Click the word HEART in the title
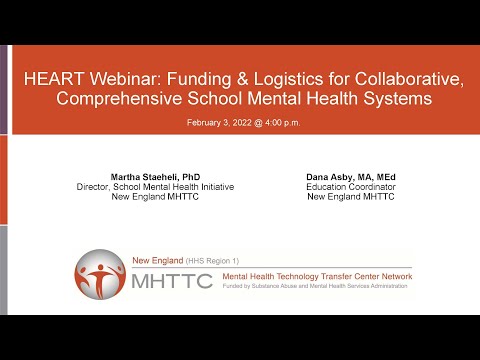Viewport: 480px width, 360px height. pyautogui.click(x=53, y=79)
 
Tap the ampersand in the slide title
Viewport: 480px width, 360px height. pyautogui.click(x=242, y=79)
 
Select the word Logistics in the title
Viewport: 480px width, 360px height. pyautogui.click(x=288, y=80)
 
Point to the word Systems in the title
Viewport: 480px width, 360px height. pyautogui.click(x=397, y=99)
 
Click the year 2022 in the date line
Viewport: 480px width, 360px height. pyautogui.click(x=242, y=123)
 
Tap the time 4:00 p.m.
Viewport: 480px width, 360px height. pyautogui.click(x=283, y=123)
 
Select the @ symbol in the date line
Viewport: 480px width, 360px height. pyautogui.click(x=258, y=123)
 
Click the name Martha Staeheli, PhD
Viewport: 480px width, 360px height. pyautogui.click(x=155, y=177)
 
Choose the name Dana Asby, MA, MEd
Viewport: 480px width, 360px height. pyautogui.click(x=351, y=177)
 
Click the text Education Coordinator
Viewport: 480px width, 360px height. pyautogui.click(x=351, y=187)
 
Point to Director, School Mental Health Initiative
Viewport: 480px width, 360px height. pyautogui.click(x=155, y=187)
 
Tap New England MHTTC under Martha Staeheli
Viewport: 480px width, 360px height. pyautogui.click(x=155, y=197)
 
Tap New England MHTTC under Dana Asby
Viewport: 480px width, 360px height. pyautogui.click(x=351, y=197)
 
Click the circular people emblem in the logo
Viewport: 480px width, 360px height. pyautogui.click(x=100, y=274)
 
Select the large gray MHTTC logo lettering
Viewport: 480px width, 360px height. pyautogui.click(x=172, y=281)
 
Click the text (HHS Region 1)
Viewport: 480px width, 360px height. pyautogui.click(x=212, y=261)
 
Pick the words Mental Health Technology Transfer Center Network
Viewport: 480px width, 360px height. pyautogui.click(x=317, y=276)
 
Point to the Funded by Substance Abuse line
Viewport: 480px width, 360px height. pyautogui.click(x=315, y=286)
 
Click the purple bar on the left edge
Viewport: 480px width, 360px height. pyautogui.click(x=3, y=90)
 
